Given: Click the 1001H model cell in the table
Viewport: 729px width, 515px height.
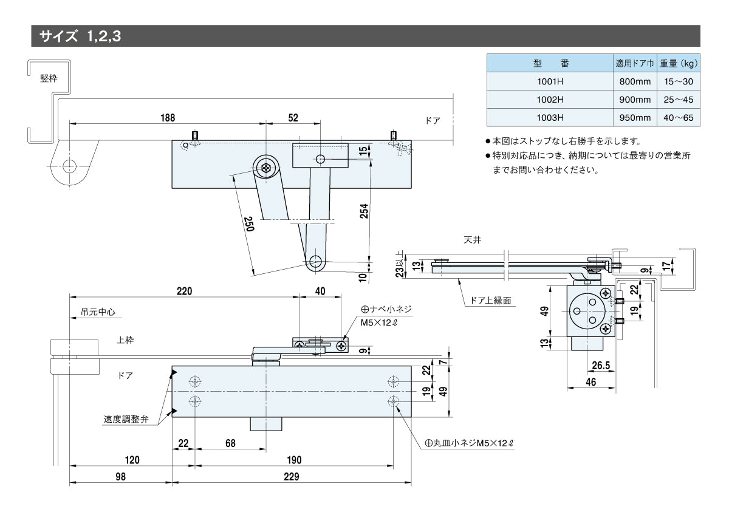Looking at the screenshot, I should point(550,81).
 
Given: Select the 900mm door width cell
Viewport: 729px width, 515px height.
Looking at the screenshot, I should point(634,99).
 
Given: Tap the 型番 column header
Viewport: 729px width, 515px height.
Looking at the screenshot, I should point(550,63).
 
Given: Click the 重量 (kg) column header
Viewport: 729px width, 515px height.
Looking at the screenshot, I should point(679,63).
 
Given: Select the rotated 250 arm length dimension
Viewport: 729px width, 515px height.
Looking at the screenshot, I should point(248,224).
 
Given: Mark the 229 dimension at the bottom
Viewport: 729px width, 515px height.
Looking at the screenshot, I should point(291,477).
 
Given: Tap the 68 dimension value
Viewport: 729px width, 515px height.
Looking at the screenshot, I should point(230,443).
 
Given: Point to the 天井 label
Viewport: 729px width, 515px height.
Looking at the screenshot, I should point(472,240).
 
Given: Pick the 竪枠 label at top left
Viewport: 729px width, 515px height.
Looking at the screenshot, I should point(49,78).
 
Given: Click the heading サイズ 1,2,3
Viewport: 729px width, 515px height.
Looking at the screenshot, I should point(81,36).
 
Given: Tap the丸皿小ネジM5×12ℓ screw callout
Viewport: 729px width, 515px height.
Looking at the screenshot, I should point(469,443).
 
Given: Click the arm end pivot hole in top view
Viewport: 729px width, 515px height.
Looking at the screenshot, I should point(315,262).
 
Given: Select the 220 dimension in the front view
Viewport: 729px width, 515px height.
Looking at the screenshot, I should point(184,291).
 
